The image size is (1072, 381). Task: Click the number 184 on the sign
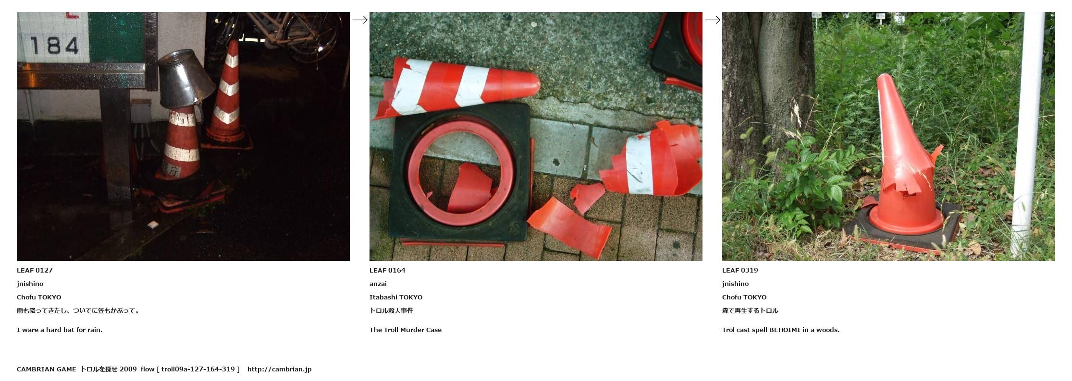pos(54,46)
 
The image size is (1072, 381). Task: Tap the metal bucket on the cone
pos(185,79)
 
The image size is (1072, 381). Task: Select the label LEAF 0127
pos(35,270)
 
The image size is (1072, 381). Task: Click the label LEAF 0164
pos(387,270)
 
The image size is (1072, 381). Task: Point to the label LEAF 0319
pos(740,270)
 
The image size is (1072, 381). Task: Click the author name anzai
pos(378,284)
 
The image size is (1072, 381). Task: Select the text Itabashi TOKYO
pos(396,297)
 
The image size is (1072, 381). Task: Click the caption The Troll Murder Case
pos(406,330)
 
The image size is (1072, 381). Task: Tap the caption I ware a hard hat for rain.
pos(60,330)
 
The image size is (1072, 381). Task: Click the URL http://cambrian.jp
pos(280,369)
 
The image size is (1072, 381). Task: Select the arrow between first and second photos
pos(360,20)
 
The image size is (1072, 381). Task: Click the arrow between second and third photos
pos(713,20)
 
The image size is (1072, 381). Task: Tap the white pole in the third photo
pos(1028,134)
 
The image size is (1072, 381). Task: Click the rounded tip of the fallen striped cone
pos(536,85)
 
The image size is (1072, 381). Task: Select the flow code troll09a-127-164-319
pos(198,369)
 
